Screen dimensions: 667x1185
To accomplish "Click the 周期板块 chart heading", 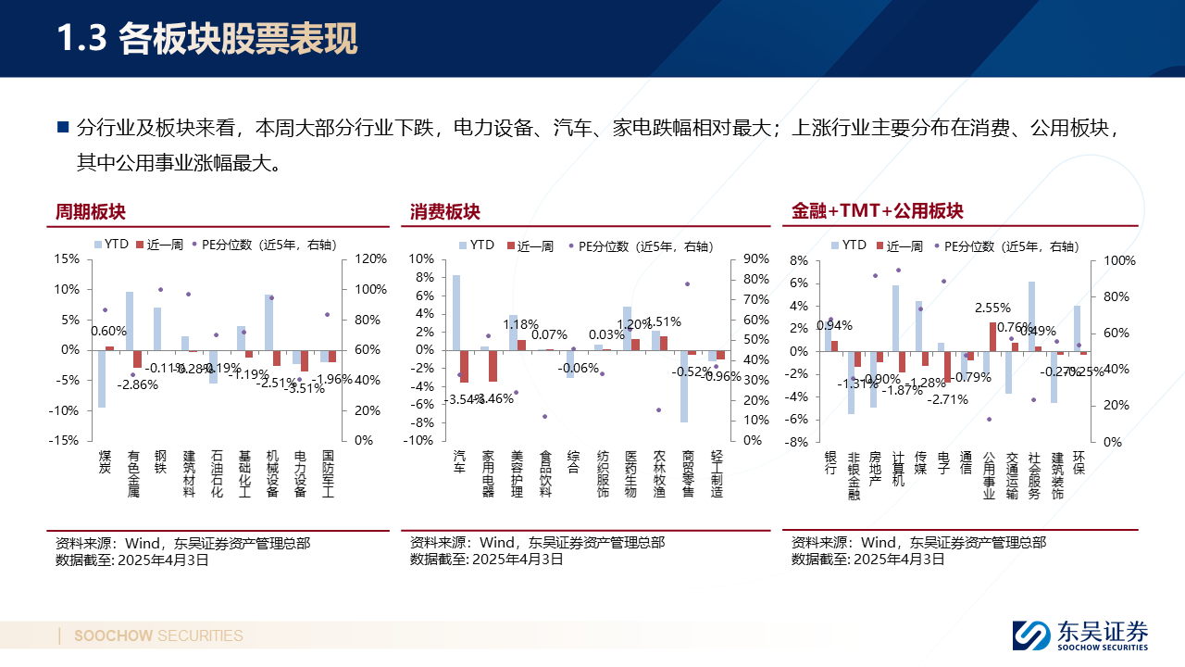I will point(90,212).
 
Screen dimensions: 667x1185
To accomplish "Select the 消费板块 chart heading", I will point(445,212).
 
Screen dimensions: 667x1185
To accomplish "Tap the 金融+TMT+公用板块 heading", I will point(877,211).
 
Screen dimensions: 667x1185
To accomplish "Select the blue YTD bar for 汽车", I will point(456,312).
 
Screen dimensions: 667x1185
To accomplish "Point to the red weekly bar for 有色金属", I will point(137,359).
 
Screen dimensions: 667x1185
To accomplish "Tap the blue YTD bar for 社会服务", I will point(1031,316).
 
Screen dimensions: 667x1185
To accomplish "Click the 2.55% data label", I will point(992,308).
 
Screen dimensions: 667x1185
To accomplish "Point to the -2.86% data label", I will point(137,384).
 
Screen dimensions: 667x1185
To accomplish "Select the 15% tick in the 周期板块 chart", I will point(67,259).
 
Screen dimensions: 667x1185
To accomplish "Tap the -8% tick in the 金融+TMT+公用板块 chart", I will point(798,443).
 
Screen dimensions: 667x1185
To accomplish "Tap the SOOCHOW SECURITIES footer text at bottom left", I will point(158,636).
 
